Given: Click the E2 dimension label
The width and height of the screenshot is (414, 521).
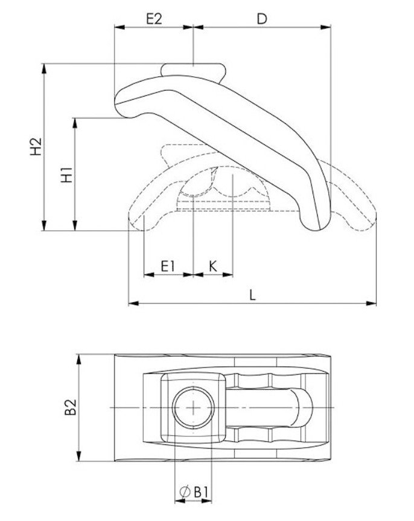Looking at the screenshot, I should click(x=154, y=18).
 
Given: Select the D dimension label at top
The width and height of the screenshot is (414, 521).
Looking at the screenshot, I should click(x=261, y=18).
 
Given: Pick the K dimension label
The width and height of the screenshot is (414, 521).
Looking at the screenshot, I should click(x=212, y=266).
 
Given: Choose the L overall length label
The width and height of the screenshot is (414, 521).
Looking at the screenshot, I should click(x=253, y=295).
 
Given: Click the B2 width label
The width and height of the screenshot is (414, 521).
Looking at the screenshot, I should click(x=70, y=408).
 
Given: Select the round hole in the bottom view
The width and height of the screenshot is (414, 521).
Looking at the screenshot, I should click(x=193, y=407).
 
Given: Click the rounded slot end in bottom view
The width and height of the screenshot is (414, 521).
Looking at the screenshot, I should click(x=302, y=407).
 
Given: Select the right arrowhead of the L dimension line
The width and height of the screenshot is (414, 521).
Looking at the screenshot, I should click(x=372, y=302).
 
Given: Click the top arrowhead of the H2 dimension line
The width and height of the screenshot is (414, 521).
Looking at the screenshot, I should click(x=43, y=68).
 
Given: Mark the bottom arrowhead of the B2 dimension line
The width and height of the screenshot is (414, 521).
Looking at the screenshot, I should click(x=78, y=458).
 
